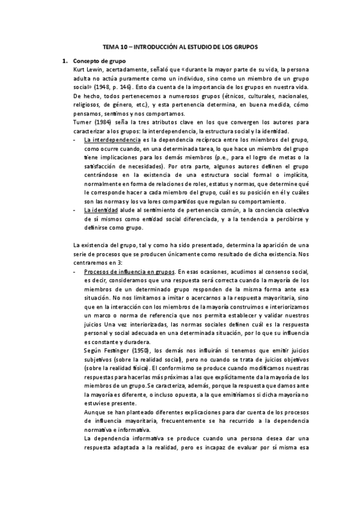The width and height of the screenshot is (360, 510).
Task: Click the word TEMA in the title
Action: [x=110, y=46]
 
